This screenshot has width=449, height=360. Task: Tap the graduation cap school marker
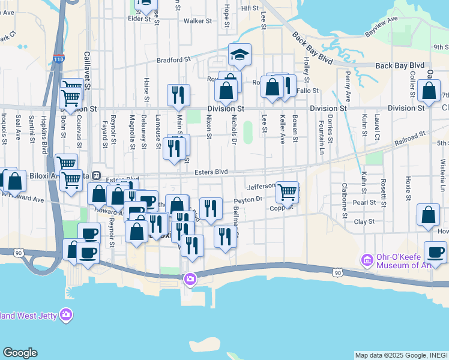click(x=240, y=55)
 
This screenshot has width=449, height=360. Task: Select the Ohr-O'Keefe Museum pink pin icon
click(x=366, y=260)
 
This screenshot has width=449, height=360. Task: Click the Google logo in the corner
click(x=20, y=353)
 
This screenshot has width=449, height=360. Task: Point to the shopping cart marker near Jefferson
click(x=288, y=193)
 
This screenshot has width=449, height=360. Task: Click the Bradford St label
click(x=173, y=60)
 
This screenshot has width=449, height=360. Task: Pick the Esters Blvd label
click(x=211, y=172)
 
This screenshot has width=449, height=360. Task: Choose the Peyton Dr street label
click(x=249, y=200)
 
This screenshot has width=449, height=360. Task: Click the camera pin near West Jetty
click(x=66, y=314)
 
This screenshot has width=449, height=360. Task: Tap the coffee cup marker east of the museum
click(x=435, y=253)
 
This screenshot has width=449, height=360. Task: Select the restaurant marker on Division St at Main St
click(x=178, y=95)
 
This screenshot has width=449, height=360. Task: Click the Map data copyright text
click(x=400, y=355)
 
